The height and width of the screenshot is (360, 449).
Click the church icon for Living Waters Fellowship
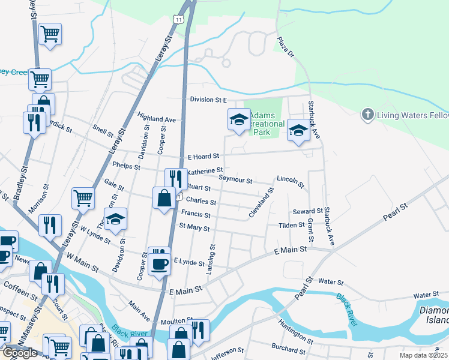point(367,114)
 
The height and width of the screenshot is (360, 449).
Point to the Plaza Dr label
point(286,48)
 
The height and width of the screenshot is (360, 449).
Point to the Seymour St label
point(235,179)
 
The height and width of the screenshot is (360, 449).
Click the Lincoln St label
point(291,179)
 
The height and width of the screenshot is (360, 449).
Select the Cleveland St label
point(262,203)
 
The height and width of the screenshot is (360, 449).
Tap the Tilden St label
point(292,226)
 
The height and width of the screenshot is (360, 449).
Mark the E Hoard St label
point(203,157)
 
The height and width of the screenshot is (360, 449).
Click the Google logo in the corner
point(20,353)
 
